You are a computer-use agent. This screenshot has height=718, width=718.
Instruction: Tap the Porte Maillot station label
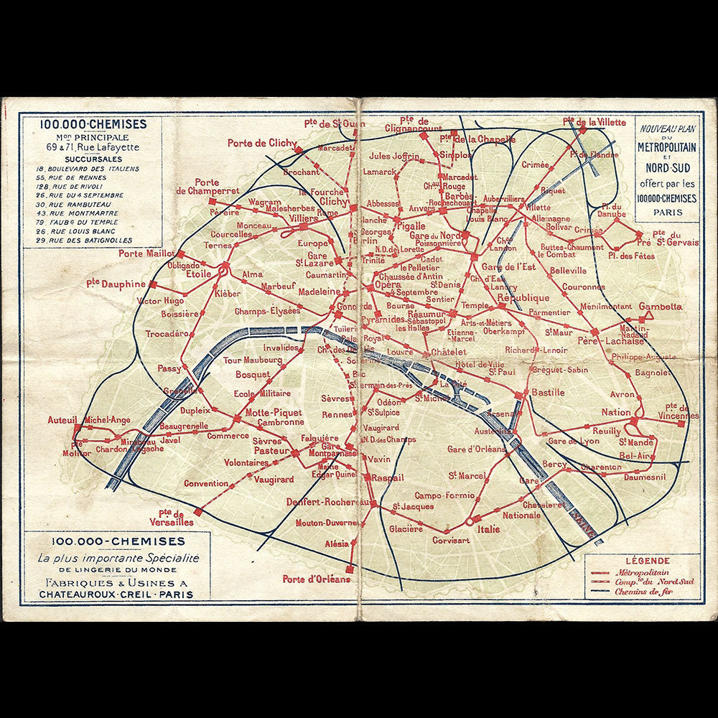coord(146,253)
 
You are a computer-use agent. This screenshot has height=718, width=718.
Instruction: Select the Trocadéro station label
coord(167,334)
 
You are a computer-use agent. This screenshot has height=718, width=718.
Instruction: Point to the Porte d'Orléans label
coord(317,579)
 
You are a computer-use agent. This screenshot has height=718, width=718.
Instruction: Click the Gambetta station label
coord(660,307)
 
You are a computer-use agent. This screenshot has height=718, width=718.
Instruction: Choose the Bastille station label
coord(548,393)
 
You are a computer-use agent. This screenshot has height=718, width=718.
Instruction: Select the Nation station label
coord(616,413)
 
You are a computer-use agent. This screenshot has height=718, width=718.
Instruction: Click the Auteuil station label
coord(62,419)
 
